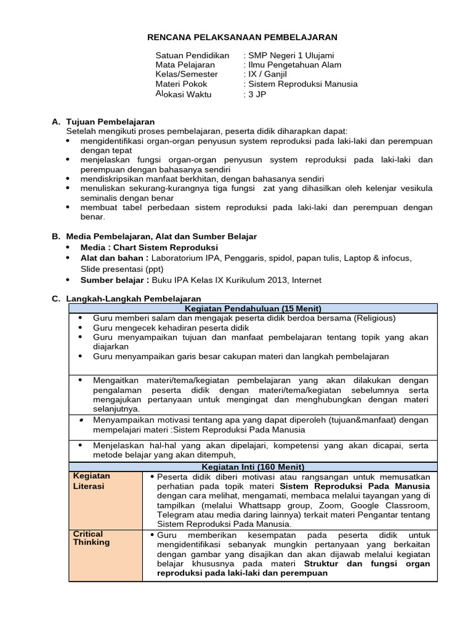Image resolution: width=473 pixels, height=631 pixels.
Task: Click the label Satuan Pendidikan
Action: [x=192, y=55]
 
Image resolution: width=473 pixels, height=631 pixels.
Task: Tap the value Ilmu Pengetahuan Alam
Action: [x=294, y=65]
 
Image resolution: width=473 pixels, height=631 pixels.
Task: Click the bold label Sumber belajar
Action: [x=115, y=280]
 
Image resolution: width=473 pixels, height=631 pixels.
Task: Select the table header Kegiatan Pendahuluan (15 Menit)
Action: [x=253, y=308]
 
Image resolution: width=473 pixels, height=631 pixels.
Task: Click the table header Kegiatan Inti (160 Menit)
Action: [x=253, y=467]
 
